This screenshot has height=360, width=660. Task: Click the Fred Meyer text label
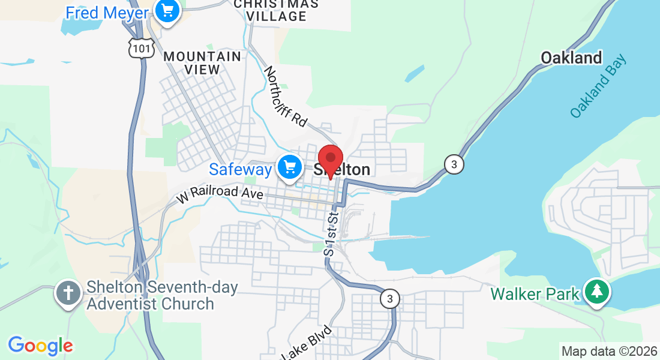[107, 13]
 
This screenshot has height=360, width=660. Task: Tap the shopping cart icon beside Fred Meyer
[167, 11]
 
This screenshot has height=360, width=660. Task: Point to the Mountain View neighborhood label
[202, 62]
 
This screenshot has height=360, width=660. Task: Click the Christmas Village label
[276, 10]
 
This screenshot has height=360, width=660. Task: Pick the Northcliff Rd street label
[286, 96]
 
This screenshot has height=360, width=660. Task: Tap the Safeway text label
[240, 170]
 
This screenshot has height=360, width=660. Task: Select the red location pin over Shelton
[330, 160]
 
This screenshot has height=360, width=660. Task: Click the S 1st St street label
[331, 233]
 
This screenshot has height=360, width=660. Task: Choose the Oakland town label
[571, 58]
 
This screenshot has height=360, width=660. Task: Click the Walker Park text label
[535, 294]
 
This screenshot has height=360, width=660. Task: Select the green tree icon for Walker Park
[597, 292]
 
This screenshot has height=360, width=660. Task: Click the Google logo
[40, 346]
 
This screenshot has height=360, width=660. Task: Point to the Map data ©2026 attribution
[609, 351]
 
